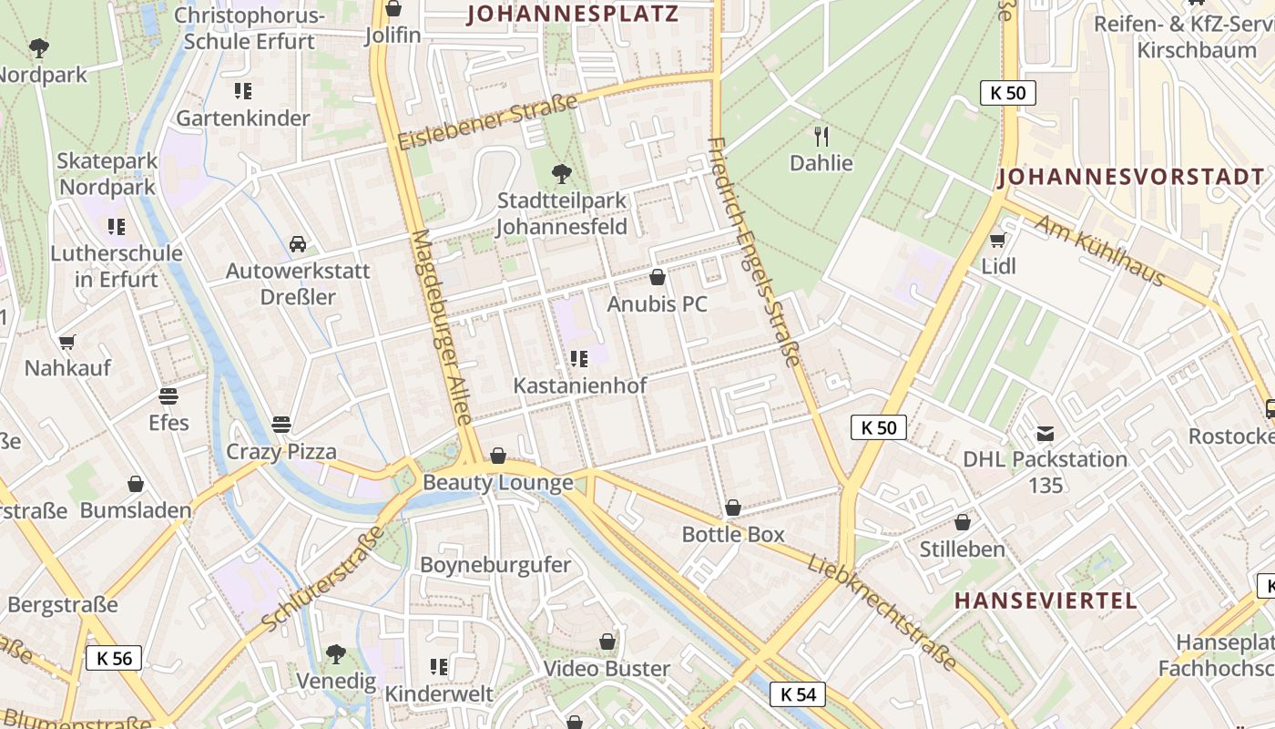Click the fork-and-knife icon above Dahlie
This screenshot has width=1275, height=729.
(x=821, y=137)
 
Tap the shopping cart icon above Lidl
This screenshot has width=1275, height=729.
(x=998, y=241)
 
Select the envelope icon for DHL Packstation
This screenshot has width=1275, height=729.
(x=1045, y=433)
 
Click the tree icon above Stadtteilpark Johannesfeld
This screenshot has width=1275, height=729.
(x=562, y=173)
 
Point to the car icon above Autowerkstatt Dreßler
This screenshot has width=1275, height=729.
(x=298, y=244)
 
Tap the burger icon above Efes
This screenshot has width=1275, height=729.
(x=168, y=396)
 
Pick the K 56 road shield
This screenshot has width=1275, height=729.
(x=114, y=658)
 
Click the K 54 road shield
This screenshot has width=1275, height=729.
(x=798, y=694)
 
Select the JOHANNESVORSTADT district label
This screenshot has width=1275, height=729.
(x=1131, y=178)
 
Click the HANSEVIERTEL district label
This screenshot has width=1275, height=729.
(x=1046, y=601)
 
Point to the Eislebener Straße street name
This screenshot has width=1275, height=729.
(x=488, y=122)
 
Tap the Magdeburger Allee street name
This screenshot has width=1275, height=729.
(x=441, y=326)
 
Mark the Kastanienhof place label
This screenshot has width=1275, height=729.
(x=580, y=385)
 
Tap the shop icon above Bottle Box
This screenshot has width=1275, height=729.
(x=733, y=508)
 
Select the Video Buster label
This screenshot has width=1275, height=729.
(x=607, y=669)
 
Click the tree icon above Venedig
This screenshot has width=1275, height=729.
(x=336, y=653)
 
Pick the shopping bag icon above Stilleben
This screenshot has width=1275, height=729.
(x=963, y=522)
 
